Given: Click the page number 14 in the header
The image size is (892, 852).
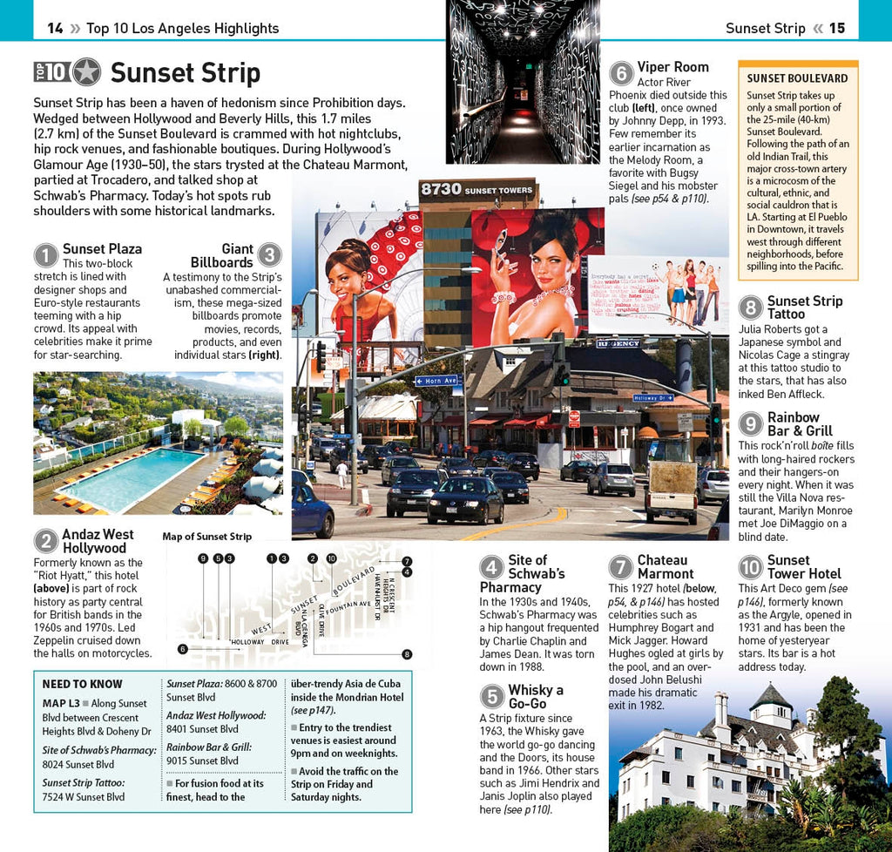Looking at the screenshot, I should pyautogui.click(x=55, y=28).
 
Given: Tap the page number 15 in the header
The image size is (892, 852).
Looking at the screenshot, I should pyautogui.click(x=836, y=28).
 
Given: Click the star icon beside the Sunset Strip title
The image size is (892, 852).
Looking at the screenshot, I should pyautogui.click(x=86, y=72).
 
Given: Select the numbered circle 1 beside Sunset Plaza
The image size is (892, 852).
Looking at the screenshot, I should pyautogui.click(x=46, y=255).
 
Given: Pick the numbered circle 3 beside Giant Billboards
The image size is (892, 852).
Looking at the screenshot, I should pyautogui.click(x=270, y=255).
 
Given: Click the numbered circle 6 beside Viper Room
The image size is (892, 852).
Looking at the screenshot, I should pyautogui.click(x=621, y=73).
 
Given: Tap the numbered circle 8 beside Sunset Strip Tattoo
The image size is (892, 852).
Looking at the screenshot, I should pyautogui.click(x=751, y=308).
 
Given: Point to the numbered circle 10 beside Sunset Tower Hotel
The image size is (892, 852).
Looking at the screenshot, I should pyautogui.click(x=751, y=568).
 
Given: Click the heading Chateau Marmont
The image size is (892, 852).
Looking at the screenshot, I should pyautogui.click(x=665, y=567).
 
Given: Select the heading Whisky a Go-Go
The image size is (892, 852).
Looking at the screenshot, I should pyautogui.click(x=536, y=696).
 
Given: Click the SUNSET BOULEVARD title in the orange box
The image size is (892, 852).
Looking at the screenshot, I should pyautogui.click(x=797, y=78).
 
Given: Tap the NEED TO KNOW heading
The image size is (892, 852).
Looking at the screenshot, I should pyautogui.click(x=83, y=684).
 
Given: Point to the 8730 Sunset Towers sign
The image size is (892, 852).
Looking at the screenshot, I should pyautogui.click(x=476, y=189).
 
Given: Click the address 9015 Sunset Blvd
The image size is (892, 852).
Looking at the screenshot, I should pyautogui.click(x=202, y=761).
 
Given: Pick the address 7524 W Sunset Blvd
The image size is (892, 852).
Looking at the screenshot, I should pyautogui.click(x=84, y=797).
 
